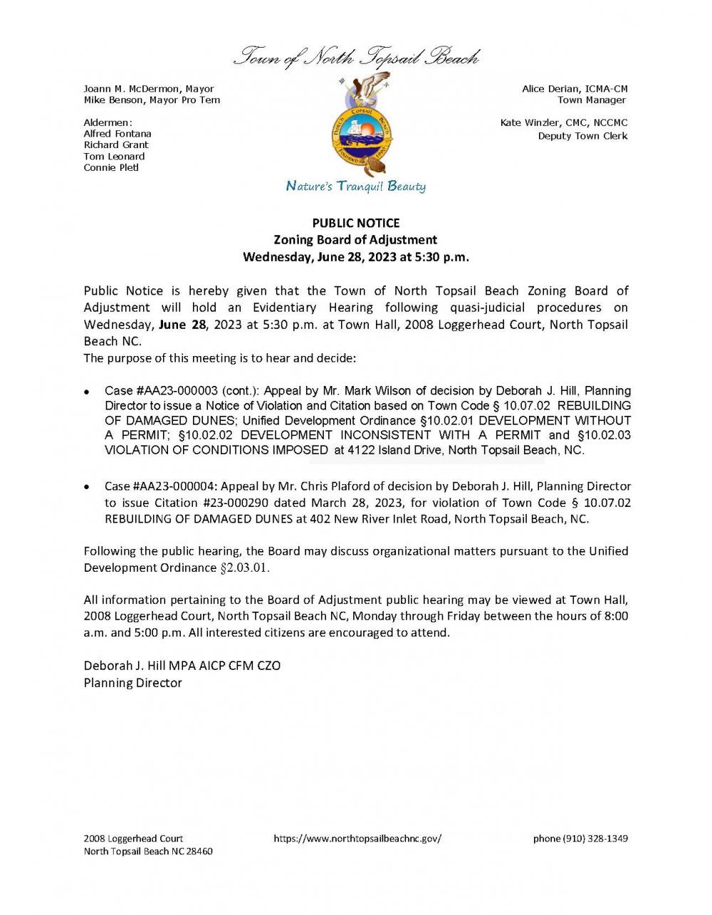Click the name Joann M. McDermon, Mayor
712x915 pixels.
click(149, 89)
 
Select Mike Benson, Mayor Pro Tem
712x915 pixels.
click(152, 100)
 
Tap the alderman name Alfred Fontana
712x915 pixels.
click(117, 133)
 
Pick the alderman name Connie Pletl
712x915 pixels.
click(111, 167)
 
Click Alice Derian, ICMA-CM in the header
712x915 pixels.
click(575, 89)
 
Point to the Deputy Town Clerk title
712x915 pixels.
click(582, 135)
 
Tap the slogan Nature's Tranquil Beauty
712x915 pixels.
click(356, 187)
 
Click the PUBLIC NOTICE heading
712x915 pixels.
click(356, 223)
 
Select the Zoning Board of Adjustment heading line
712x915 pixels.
click(356, 240)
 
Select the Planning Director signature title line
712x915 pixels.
click(132, 683)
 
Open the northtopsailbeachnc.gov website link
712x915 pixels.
click(357, 839)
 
